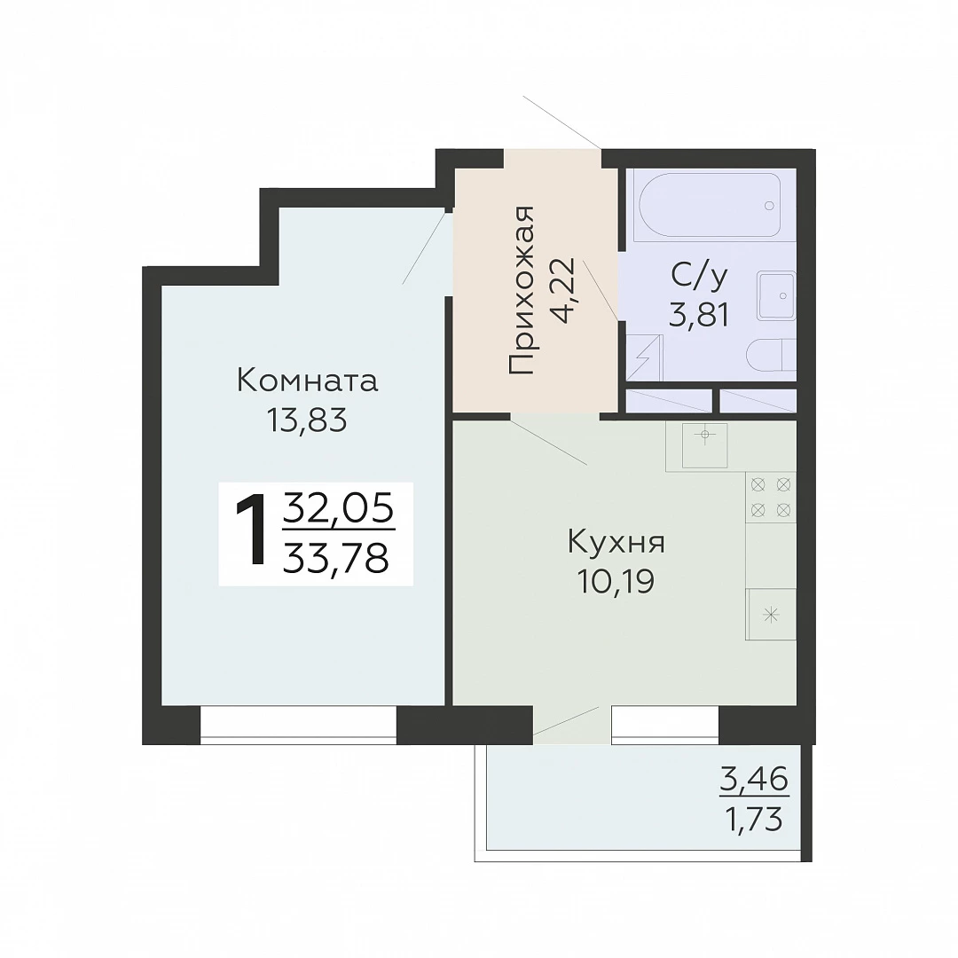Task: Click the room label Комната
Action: click(307, 381)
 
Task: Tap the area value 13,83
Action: click(307, 420)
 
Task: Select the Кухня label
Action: click(616, 542)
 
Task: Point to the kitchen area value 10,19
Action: click(616, 581)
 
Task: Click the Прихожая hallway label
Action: click(522, 290)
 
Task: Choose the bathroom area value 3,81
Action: click(699, 316)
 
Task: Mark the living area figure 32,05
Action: click(338, 509)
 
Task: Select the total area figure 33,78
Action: click(336, 558)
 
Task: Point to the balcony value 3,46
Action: click(754, 780)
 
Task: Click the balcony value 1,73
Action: click(753, 820)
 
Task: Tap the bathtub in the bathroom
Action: click(710, 205)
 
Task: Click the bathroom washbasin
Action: click(776, 295)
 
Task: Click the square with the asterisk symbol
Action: click(771, 615)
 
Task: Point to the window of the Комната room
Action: click(299, 726)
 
